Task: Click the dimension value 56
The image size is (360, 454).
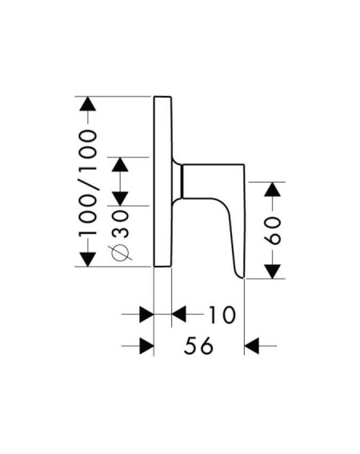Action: point(198,346)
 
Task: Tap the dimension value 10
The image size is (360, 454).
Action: point(222,315)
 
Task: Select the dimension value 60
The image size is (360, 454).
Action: point(273,231)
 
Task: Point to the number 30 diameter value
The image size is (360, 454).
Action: point(120,224)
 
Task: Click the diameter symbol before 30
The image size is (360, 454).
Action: point(120,253)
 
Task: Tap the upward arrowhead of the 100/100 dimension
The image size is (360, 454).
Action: point(88,103)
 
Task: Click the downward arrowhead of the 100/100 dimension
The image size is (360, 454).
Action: point(88,259)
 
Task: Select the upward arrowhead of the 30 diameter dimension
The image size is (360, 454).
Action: point(120,164)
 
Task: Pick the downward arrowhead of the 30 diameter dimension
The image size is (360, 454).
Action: point(120,199)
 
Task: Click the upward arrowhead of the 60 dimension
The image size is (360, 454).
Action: point(273,189)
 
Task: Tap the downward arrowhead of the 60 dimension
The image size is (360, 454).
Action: point(273,271)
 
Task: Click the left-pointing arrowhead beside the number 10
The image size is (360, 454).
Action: point(179,314)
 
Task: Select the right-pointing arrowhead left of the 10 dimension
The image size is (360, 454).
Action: point(146,314)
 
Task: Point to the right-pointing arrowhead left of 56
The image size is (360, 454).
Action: point(146,346)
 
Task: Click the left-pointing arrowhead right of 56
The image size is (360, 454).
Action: point(252,346)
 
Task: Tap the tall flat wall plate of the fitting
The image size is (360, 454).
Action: point(162,181)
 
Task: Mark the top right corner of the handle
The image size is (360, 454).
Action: point(245,165)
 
